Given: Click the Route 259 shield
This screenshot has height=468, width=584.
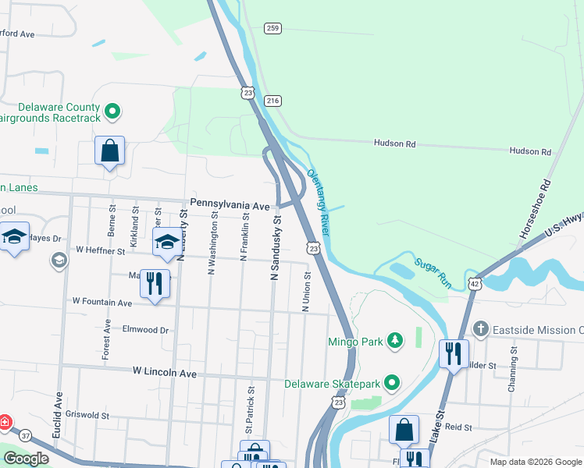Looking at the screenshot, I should click(x=272, y=28).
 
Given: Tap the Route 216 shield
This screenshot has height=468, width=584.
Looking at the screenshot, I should click(x=272, y=101).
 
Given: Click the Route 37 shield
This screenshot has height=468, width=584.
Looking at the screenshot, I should click(x=26, y=434).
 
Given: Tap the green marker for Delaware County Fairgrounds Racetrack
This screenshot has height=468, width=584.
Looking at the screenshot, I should click(x=112, y=112).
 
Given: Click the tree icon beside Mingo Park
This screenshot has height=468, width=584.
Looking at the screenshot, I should click(x=396, y=340).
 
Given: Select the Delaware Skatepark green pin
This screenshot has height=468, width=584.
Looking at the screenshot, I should click(x=393, y=383).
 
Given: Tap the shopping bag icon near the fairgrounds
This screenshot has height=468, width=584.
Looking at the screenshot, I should click(x=110, y=150).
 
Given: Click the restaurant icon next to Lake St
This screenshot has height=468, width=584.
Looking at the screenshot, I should click(x=453, y=353).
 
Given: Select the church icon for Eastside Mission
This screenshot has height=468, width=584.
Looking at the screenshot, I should click(x=480, y=330).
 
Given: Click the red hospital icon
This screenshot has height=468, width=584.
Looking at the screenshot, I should click(x=5, y=423).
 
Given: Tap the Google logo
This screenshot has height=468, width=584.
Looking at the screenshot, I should click(x=26, y=458).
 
